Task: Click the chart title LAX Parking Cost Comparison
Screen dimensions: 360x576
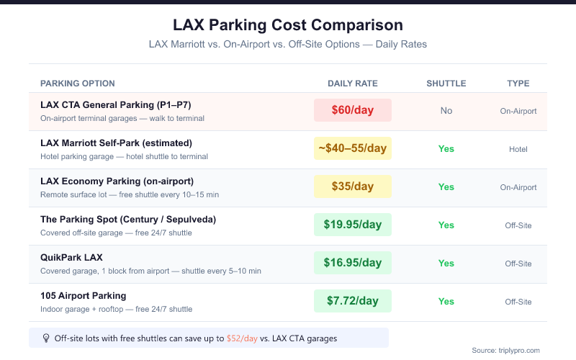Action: pyautogui.click(x=288, y=24)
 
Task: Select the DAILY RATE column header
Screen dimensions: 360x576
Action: pyautogui.click(x=352, y=84)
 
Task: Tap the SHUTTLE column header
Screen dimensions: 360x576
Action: pyautogui.click(x=446, y=84)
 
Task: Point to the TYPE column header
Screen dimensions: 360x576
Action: pyautogui.click(x=518, y=84)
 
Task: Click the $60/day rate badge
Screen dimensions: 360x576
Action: pyautogui.click(x=353, y=110)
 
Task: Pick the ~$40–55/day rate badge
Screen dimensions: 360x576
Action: pyautogui.click(x=353, y=148)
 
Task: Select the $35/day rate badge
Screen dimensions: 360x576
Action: pyautogui.click(x=353, y=186)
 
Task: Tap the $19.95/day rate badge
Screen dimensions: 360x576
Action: pyautogui.click(x=353, y=225)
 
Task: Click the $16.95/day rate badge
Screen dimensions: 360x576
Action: pyautogui.click(x=353, y=263)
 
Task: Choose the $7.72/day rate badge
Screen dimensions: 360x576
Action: pyautogui.click(x=353, y=301)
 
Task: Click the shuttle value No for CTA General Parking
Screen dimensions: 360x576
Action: pyautogui.click(x=446, y=111)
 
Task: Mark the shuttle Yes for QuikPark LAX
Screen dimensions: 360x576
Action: pyautogui.click(x=446, y=264)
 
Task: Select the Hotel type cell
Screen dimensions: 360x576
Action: pyautogui.click(x=518, y=149)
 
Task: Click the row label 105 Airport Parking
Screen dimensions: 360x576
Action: pyautogui.click(x=84, y=295)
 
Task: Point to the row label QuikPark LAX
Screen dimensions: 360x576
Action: pyautogui.click(x=73, y=257)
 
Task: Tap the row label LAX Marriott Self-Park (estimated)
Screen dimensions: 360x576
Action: pyautogui.click(x=116, y=143)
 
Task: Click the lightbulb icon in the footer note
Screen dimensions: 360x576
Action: pyautogui.click(x=46, y=338)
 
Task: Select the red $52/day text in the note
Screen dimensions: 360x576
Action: pyautogui.click(x=242, y=338)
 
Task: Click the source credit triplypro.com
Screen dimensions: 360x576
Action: pyautogui.click(x=505, y=351)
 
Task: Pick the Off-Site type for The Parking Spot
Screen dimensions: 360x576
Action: pyautogui.click(x=518, y=225)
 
